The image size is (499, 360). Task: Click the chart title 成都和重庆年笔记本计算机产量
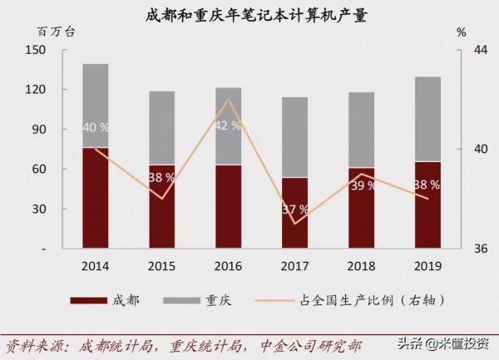point(250,14)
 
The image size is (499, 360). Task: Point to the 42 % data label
point(228,126)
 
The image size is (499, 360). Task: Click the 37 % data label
point(294,208)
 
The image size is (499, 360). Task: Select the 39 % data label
point(361,185)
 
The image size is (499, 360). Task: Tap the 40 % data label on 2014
point(96,127)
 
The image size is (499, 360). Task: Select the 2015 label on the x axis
point(162,266)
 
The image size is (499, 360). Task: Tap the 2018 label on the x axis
point(361,266)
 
